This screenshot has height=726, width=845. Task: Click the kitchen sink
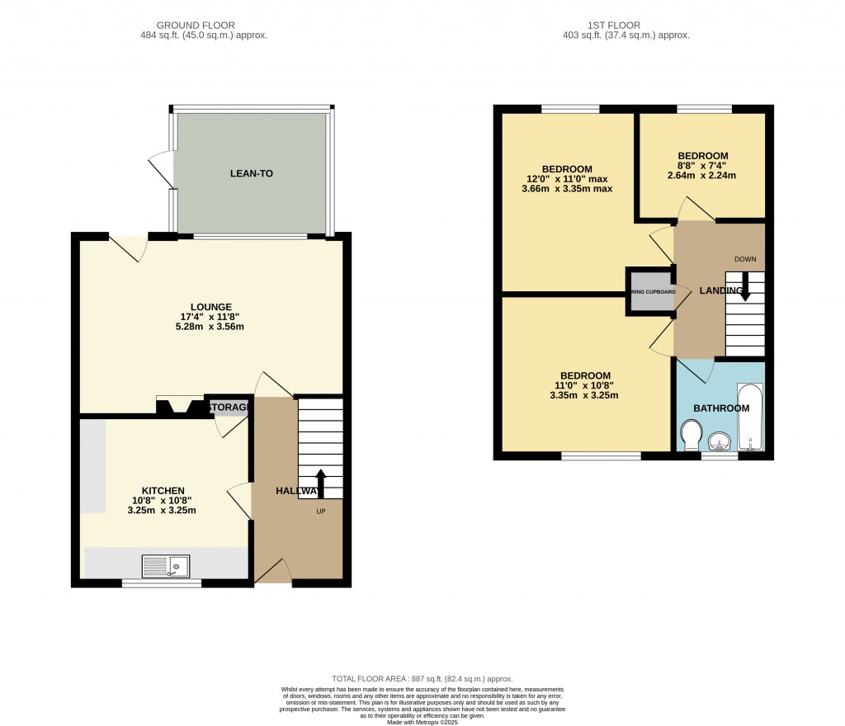[x=166, y=566]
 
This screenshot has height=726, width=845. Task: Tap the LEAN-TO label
[x=251, y=174]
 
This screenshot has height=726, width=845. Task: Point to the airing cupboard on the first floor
[x=653, y=291]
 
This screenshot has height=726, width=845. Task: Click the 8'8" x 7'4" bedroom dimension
[x=702, y=165]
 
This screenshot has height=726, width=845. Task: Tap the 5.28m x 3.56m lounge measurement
[x=210, y=327]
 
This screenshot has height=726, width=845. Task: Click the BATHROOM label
[x=720, y=408]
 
